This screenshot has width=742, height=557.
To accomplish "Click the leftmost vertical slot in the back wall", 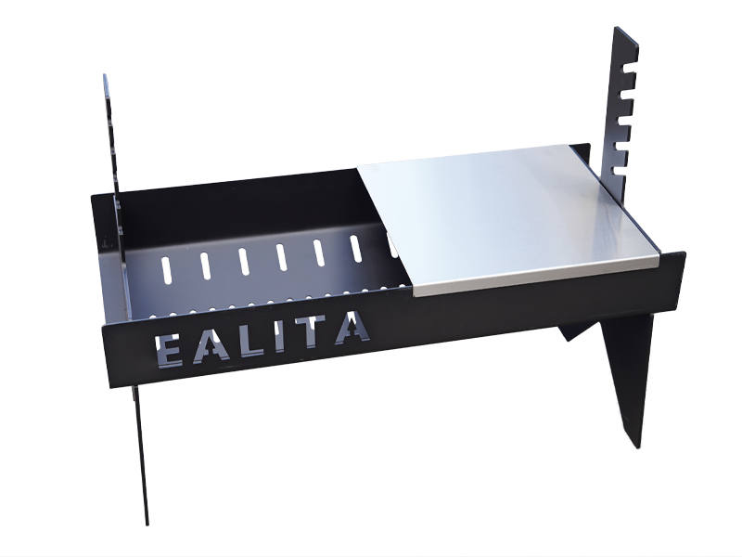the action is click(x=166, y=269).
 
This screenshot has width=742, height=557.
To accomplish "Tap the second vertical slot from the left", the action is click(x=205, y=266).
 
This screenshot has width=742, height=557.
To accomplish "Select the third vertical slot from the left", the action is click(x=244, y=261).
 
